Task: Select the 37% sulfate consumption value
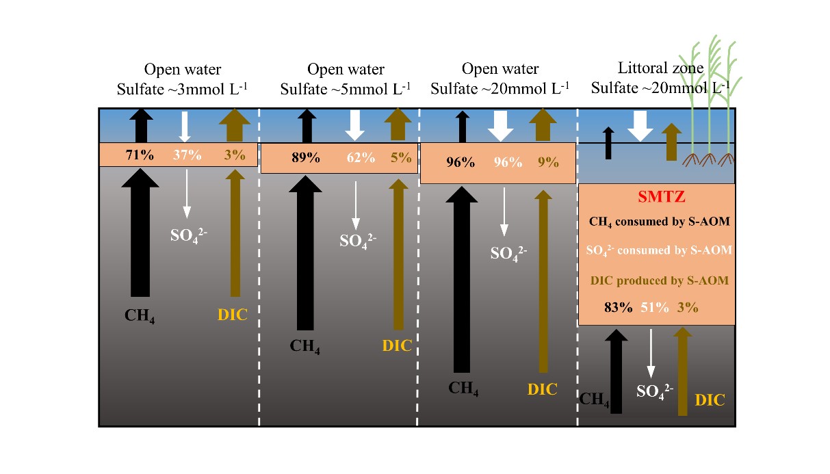[187, 155]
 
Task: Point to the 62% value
[361, 157]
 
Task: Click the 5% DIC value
[402, 157]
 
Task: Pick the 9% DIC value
[548, 163]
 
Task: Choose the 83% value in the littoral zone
[619, 307]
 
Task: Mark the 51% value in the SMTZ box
[654, 307]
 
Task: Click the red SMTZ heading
[656, 198]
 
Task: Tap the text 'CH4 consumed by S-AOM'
[658, 222]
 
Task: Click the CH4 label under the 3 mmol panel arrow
[139, 316]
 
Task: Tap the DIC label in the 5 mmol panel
[397, 345]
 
